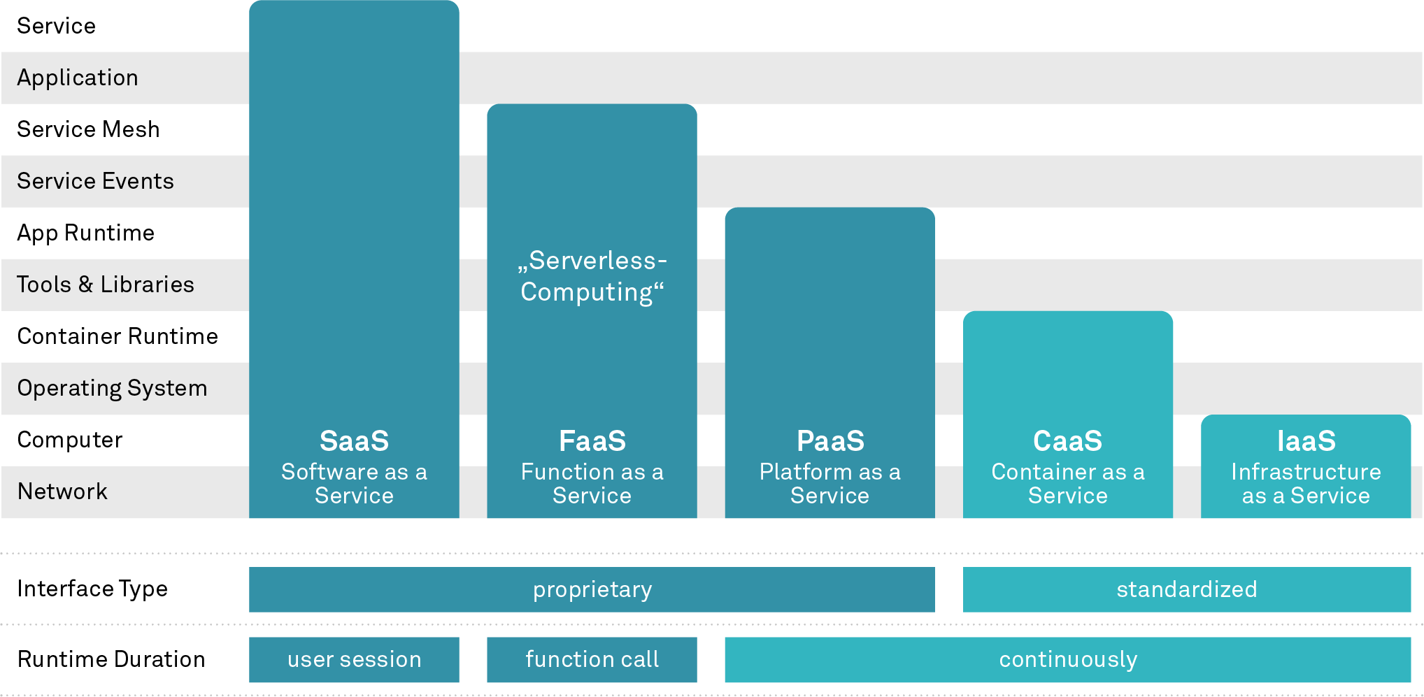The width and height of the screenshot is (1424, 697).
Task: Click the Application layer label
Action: click(78, 78)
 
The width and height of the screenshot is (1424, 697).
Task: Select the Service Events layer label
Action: click(95, 181)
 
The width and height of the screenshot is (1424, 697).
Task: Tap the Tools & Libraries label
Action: click(105, 285)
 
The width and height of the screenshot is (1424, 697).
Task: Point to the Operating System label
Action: click(112, 388)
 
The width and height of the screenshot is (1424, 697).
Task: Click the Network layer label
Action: click(62, 491)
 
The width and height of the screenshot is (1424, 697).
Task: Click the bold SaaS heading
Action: click(354, 441)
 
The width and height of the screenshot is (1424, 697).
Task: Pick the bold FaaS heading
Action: click(592, 441)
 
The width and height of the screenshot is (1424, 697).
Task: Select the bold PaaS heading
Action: click(830, 441)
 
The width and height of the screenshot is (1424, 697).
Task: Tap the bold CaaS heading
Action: click(1068, 441)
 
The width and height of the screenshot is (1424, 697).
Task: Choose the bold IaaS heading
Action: click(1306, 441)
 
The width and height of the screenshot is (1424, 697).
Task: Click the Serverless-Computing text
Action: click(592, 276)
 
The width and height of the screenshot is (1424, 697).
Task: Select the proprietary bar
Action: click(592, 589)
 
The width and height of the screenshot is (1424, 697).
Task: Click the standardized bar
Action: click(1187, 589)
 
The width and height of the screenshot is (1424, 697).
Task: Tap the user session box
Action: click(354, 659)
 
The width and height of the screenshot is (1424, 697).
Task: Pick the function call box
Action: click(592, 659)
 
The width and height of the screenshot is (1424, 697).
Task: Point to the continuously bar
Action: click(1068, 659)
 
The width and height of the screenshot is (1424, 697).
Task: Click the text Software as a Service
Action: click(354, 484)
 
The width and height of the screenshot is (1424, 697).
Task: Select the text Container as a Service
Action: click(1068, 484)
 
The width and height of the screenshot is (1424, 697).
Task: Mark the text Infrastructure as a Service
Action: click(1306, 484)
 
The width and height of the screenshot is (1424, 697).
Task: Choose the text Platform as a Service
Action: click(830, 484)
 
